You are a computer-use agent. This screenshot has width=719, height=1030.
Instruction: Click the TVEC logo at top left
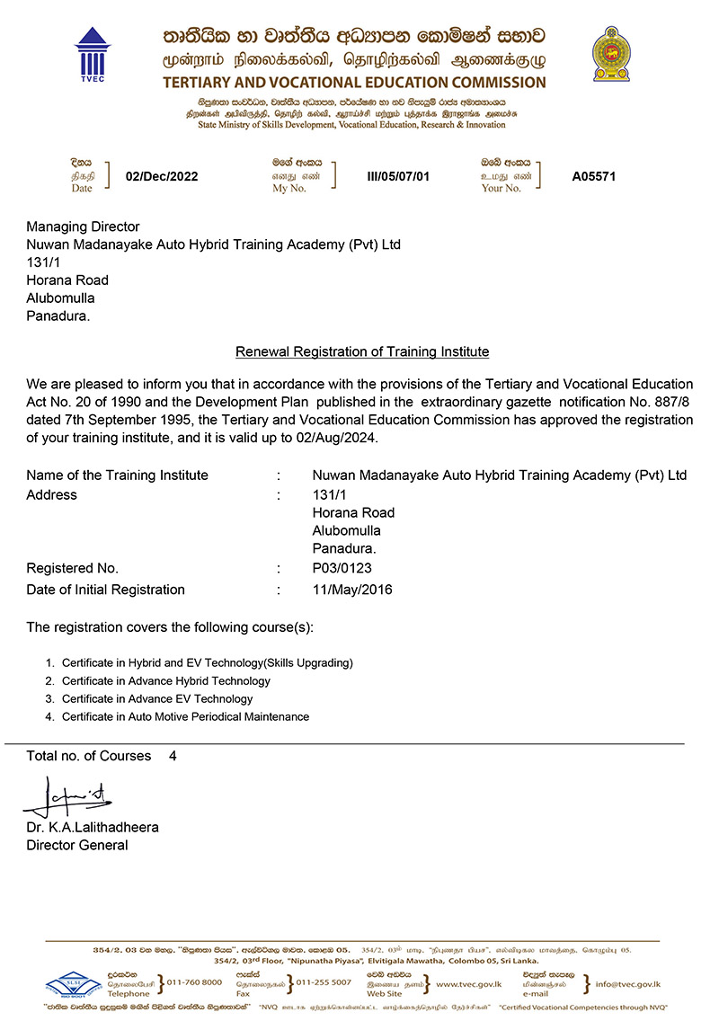coord(91,54)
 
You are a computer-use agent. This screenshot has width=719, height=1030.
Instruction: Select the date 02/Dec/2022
coord(162,176)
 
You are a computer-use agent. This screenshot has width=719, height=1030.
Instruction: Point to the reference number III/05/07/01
coord(398,176)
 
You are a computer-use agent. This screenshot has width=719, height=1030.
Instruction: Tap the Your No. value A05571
coord(594,176)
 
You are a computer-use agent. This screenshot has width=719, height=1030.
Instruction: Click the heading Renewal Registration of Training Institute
coord(362,351)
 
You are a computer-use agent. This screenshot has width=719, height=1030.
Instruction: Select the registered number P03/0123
coord(342,568)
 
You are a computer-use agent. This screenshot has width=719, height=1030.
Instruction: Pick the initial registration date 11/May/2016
coord(352,590)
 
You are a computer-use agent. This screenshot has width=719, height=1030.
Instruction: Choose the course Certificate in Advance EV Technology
coord(157,698)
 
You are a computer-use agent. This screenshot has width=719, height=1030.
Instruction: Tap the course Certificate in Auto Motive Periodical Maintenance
coord(185,716)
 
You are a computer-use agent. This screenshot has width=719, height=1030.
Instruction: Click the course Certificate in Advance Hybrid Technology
coord(165,680)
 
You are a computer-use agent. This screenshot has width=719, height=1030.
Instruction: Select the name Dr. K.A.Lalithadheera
coord(93,827)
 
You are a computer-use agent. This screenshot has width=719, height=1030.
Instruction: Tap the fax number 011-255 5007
coord(324,982)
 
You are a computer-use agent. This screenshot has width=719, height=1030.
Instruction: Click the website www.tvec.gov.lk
coord(474,983)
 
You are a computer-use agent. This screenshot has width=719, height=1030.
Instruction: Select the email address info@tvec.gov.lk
coord(627,983)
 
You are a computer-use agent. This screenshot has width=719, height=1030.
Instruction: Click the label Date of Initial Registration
coord(106,590)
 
